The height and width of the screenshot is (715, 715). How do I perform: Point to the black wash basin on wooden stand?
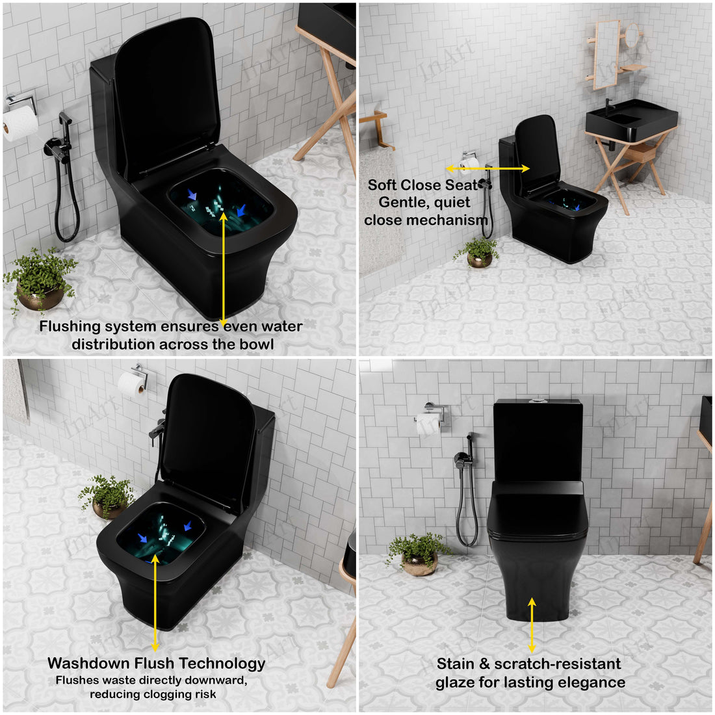632,120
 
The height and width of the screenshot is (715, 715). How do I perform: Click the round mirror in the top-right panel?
632,35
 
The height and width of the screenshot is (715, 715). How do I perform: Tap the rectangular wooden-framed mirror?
607,54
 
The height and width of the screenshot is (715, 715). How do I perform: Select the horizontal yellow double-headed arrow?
487,169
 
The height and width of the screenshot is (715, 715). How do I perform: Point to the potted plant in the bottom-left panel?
107,497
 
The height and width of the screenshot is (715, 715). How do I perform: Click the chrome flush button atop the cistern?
539,401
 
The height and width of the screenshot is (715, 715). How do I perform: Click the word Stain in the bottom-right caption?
456,664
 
